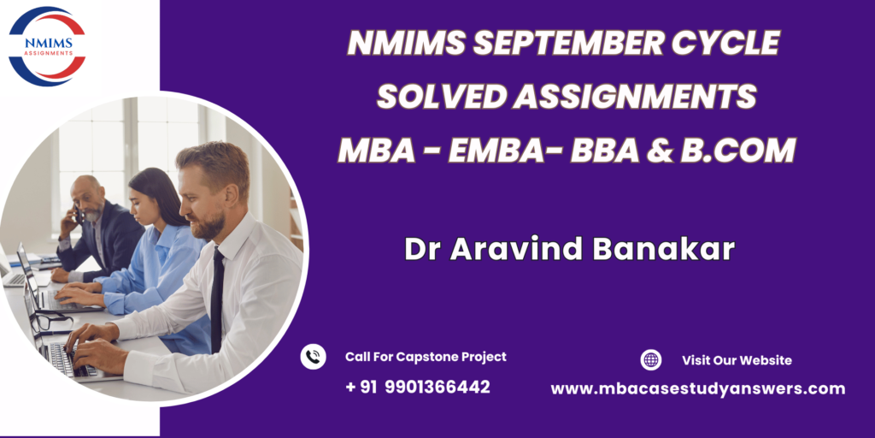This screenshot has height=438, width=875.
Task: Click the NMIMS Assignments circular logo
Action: click(x=47, y=46)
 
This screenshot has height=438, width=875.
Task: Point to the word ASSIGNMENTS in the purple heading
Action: click(x=636, y=97)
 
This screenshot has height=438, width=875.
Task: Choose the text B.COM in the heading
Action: click(x=737, y=151)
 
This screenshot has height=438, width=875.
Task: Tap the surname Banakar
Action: click(x=663, y=249)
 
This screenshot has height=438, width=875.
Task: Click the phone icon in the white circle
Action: click(x=313, y=357)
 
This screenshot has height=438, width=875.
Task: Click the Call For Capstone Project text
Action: click(x=426, y=357)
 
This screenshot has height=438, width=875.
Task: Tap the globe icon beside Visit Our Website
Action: click(x=650, y=360)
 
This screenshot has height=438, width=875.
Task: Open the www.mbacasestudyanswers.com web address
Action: click(x=697, y=388)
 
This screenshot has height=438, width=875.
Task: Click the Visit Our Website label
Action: click(x=737, y=360)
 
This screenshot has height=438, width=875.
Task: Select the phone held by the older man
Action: click(x=79, y=213)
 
